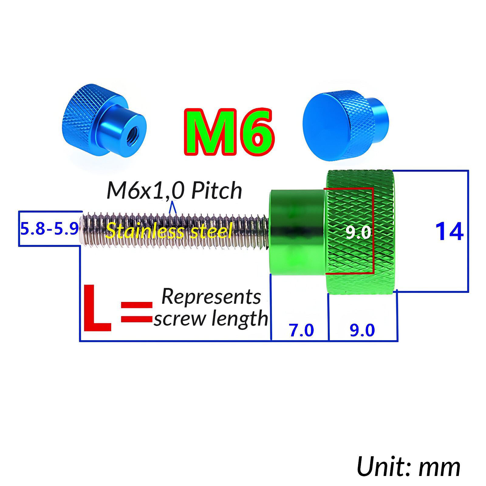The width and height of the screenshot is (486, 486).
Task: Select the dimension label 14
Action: (x=449, y=232)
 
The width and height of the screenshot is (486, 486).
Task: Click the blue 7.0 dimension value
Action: (x=301, y=330)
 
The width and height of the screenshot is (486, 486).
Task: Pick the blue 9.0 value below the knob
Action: (x=362, y=330)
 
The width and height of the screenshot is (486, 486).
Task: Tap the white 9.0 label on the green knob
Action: (x=358, y=232)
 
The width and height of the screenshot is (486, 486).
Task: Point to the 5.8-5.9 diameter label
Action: (x=50, y=229)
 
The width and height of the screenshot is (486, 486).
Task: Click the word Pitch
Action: (x=217, y=191)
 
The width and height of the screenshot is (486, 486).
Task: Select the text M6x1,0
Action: (x=145, y=191)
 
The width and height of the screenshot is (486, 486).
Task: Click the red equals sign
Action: (x=136, y=312)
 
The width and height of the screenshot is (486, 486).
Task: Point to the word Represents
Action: (x=211, y=297)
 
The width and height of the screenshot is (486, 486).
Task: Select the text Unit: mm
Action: (x=408, y=467)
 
